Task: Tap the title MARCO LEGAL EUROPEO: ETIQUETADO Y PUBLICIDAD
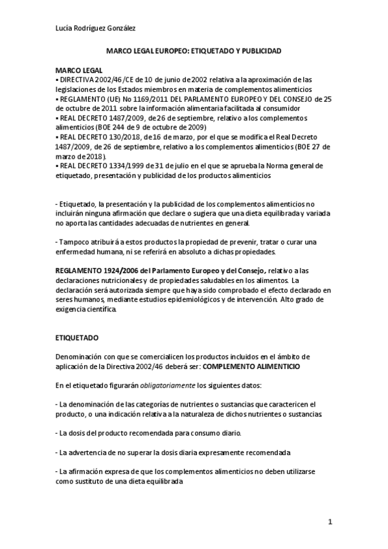click(x=194, y=50)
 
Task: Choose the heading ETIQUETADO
click(x=75, y=338)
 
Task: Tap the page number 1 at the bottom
click(x=329, y=521)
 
